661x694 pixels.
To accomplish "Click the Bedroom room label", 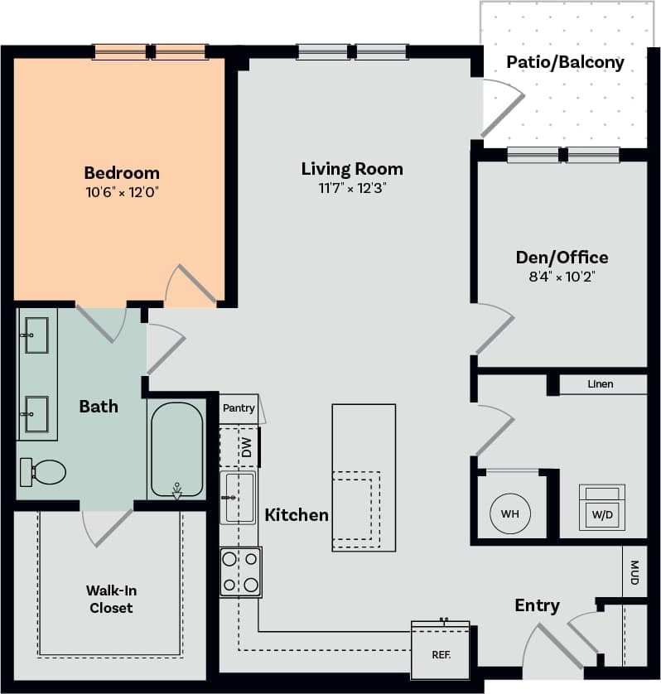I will [122, 173].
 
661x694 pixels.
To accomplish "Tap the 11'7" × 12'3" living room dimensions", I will [352, 188].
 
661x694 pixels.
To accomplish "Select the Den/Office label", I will [562, 258].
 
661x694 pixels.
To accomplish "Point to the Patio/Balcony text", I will [565, 62].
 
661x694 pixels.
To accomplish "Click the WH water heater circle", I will [509, 513].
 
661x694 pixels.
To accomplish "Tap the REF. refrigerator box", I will [440, 653].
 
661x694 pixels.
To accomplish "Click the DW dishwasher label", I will [246, 448].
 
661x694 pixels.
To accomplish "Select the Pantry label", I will [239, 408].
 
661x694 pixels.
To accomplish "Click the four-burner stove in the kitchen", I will [240, 572].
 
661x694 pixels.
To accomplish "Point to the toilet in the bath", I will [44, 473].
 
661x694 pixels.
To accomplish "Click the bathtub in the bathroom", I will [176, 450].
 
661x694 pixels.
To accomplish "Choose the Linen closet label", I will [601, 384].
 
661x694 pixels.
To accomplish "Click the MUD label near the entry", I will [634, 572].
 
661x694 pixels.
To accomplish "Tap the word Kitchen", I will [297, 515].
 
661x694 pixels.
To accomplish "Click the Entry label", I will [537, 606].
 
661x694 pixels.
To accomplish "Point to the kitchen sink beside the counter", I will [239, 496].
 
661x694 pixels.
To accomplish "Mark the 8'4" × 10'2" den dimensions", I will [562, 277].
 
